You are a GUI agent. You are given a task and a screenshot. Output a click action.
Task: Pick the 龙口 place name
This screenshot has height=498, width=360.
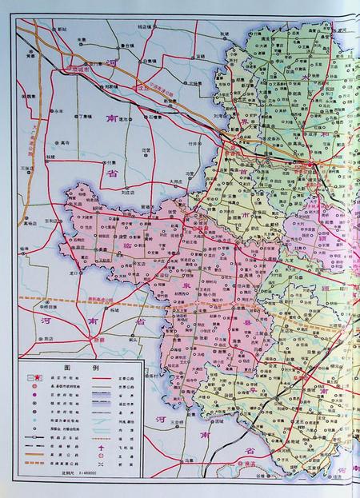coord(74,273)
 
